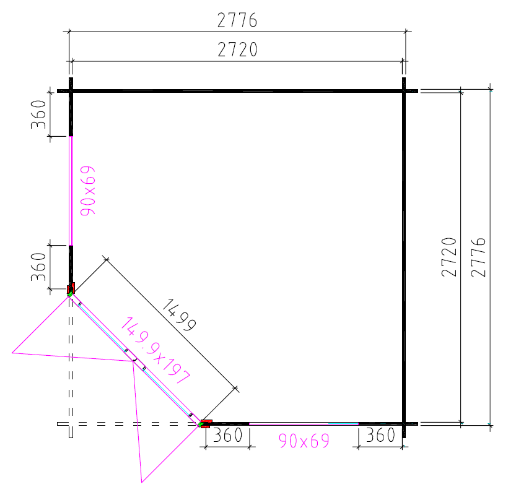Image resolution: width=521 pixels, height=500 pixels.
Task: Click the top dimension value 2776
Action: point(237,20)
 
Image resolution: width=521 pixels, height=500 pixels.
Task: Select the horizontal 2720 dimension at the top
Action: point(237,50)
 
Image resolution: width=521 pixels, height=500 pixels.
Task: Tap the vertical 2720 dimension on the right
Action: point(449,257)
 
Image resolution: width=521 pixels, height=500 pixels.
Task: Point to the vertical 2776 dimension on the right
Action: point(478,257)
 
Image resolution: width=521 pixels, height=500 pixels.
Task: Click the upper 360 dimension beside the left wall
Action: point(38,114)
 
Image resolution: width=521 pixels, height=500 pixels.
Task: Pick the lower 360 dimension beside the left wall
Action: point(38,267)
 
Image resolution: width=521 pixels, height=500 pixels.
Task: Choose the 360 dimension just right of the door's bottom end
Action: point(227,435)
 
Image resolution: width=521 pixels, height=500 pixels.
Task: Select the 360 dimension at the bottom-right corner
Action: point(380,435)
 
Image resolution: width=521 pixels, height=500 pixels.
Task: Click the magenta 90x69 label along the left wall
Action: point(88,191)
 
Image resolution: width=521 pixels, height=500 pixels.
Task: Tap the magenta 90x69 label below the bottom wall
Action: point(304,441)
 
